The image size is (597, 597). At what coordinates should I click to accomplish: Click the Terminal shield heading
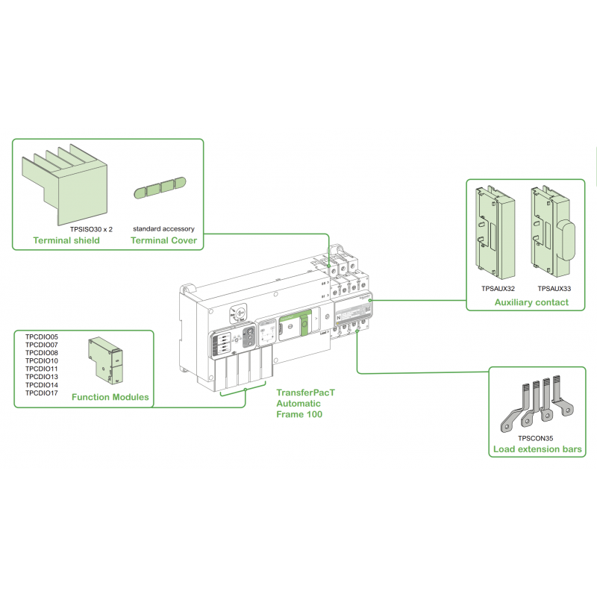[x=66, y=240]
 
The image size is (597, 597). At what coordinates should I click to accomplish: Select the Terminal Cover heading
[x=163, y=240]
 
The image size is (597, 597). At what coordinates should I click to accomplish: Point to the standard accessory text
[x=163, y=228]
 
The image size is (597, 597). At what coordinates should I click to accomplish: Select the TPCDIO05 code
[x=41, y=337]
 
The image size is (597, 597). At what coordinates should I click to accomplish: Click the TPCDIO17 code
[x=41, y=393]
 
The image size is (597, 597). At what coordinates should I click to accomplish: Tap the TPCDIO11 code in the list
[x=41, y=369]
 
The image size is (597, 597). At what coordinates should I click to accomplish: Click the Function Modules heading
[x=110, y=397]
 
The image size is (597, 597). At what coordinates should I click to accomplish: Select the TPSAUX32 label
[x=498, y=288]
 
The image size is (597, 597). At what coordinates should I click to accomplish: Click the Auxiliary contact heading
[x=531, y=302]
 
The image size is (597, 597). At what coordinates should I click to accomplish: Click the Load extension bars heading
[x=537, y=449]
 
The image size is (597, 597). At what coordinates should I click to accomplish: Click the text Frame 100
[x=299, y=414]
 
